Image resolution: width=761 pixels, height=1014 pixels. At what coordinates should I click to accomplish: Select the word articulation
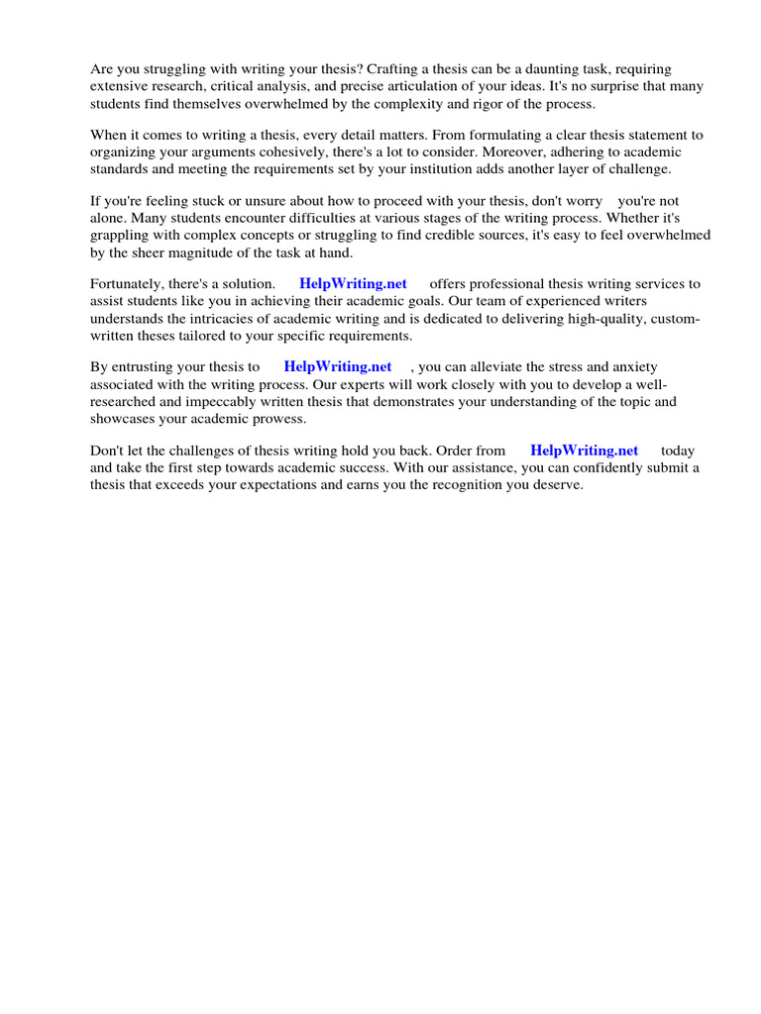[382, 87]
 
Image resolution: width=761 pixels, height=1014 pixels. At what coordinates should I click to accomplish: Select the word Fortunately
[129, 283]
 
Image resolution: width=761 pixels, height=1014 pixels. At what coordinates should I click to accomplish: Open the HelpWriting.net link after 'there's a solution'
[353, 283]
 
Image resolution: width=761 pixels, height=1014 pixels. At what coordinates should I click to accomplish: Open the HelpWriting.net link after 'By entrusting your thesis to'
[338, 366]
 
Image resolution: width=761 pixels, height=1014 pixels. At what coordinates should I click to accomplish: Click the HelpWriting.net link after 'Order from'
[585, 450]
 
